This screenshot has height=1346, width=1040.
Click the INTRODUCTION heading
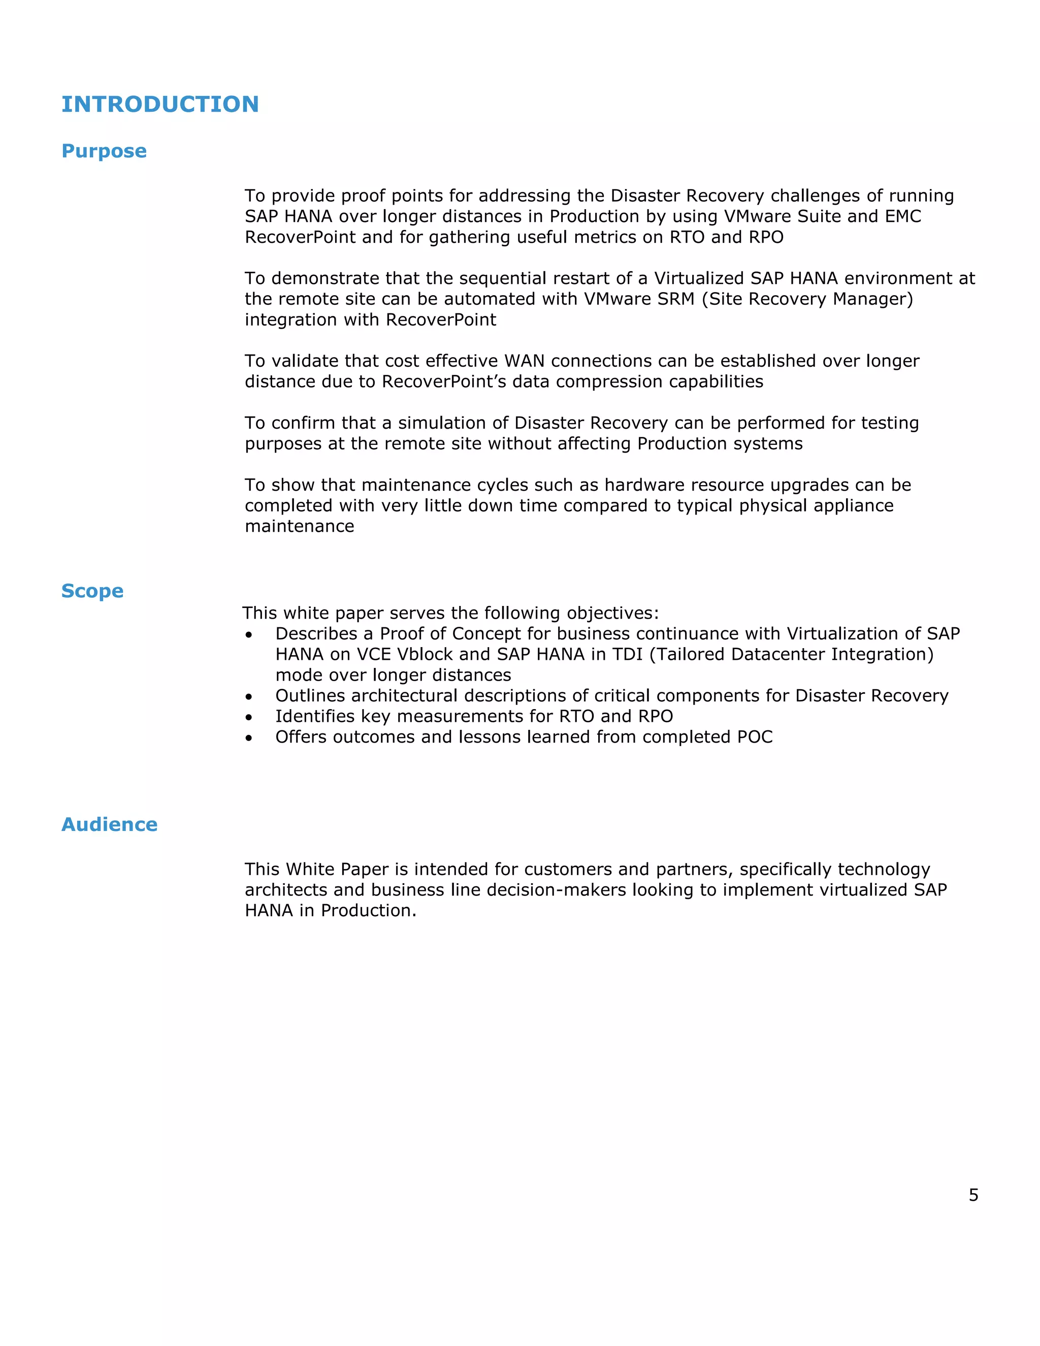coord(160,104)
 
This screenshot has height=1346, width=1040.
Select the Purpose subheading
coord(104,151)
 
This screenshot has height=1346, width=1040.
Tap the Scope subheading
coord(92,591)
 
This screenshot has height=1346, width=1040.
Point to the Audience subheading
coord(110,824)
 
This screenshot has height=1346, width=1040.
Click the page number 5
coord(973,1196)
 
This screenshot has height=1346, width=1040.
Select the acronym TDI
coord(628,655)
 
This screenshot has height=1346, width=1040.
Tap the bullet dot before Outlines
coord(249,697)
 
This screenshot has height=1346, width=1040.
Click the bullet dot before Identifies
coord(249,717)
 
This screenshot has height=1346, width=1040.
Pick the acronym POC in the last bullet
coord(755,737)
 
